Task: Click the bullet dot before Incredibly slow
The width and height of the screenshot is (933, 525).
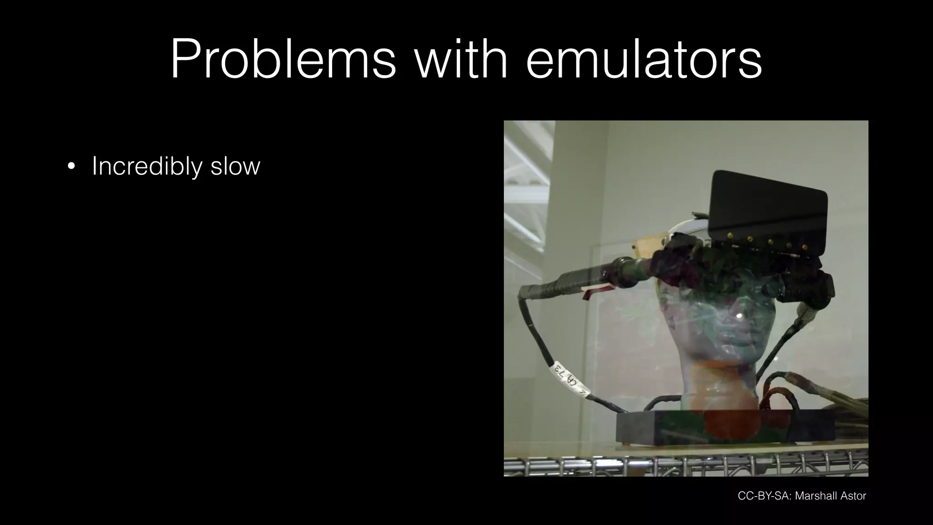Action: pyautogui.click(x=71, y=166)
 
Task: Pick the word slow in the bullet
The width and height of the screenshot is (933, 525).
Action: pyautogui.click(x=235, y=166)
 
